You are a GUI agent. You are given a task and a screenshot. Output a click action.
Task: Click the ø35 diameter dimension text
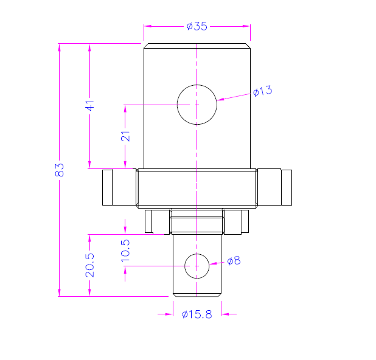point(197,26)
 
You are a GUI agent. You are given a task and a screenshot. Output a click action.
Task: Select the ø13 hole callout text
point(262,91)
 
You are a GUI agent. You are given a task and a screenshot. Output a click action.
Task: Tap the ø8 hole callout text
point(234,261)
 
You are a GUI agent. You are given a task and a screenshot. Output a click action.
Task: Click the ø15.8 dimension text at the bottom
point(197,314)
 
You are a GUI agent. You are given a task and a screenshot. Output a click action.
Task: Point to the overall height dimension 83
point(60,170)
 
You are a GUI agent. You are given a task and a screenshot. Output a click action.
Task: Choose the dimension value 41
point(90,105)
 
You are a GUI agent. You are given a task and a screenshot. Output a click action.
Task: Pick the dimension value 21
point(125,136)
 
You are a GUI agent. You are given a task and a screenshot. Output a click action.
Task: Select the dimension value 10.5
point(125,250)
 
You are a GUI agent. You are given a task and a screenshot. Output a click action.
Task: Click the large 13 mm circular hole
point(197,105)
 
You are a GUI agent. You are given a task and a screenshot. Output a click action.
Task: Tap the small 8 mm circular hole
point(197,266)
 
